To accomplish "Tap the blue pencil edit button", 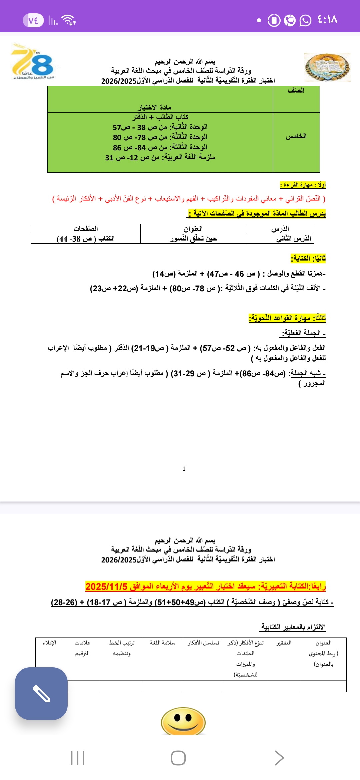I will coord(41,693).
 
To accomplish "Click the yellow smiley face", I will coord(183,721).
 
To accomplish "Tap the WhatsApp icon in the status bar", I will coord(305,20).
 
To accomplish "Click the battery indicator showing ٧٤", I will coord(33,21).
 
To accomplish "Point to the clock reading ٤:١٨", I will coord(327,20).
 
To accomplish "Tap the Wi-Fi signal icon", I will coord(69,20).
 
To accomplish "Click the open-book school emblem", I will coord(327,67).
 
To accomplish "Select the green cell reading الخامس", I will coord(296,136).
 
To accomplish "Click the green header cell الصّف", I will coord(296,91).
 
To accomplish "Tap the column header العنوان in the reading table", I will coord(193,229).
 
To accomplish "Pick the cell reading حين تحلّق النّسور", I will coord(193,239).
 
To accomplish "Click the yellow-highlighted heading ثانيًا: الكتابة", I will coord(308,258).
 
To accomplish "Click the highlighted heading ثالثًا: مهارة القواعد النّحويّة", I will coord(287,318).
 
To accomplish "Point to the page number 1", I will coord(184,469).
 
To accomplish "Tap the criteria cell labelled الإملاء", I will coord(49,643).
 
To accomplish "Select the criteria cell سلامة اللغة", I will coord(162,643).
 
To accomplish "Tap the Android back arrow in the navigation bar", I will coord(279,758).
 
